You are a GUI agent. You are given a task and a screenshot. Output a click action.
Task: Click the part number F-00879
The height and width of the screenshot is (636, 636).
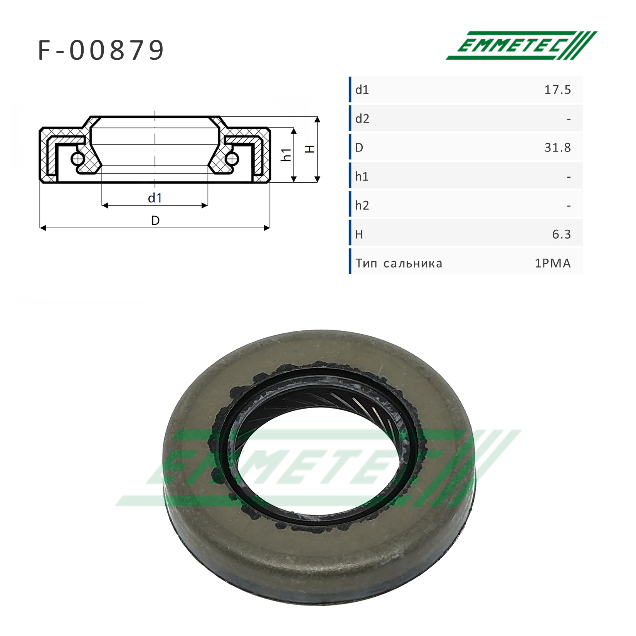(101, 50)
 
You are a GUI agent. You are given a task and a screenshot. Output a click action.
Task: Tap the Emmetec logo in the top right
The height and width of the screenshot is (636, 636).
(521, 45)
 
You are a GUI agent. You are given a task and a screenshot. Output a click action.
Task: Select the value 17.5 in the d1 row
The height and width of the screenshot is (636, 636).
(557, 90)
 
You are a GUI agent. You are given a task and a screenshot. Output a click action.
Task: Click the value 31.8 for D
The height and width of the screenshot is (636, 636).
(557, 148)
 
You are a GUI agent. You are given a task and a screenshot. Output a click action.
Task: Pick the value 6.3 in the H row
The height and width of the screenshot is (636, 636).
(562, 234)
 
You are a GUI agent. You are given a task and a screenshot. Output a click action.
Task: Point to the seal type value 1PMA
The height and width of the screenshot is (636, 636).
(553, 263)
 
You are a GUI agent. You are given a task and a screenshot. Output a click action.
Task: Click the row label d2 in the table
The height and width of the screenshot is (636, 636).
(362, 119)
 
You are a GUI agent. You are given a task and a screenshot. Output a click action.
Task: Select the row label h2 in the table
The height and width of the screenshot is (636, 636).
(362, 205)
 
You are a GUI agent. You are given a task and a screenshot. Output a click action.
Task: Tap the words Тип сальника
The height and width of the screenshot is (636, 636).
(399, 263)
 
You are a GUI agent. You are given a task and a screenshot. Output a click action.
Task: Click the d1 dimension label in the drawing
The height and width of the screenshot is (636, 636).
(155, 198)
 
